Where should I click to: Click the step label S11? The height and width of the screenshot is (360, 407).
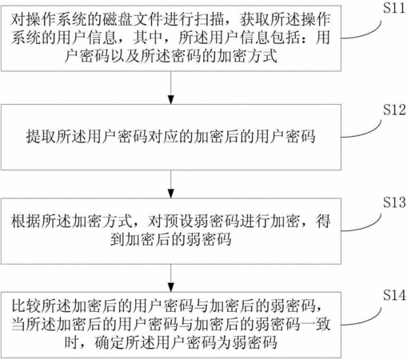tap(394, 8)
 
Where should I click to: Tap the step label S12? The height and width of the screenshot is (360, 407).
tap(394, 110)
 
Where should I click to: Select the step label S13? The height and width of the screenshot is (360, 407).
tap(394, 202)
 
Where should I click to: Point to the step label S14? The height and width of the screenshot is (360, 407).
tap(394, 295)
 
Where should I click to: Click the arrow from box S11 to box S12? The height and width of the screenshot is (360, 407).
tap(171, 88)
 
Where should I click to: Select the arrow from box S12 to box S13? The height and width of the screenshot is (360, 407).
tap(171, 184)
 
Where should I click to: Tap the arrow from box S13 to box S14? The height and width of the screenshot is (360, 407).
tap(171, 278)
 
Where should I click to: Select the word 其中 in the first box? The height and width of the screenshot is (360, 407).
tap(148, 38)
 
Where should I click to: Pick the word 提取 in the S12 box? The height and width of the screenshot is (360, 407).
tap(41, 136)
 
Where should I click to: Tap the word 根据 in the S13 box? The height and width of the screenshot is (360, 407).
tap(26, 222)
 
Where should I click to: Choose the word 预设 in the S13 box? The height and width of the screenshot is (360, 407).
tap(178, 222)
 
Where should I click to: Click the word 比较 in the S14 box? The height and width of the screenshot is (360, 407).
tap(26, 306)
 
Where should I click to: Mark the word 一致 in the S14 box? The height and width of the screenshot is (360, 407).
tap(315, 324)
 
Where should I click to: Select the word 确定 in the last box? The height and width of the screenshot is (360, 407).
tap(110, 342)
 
